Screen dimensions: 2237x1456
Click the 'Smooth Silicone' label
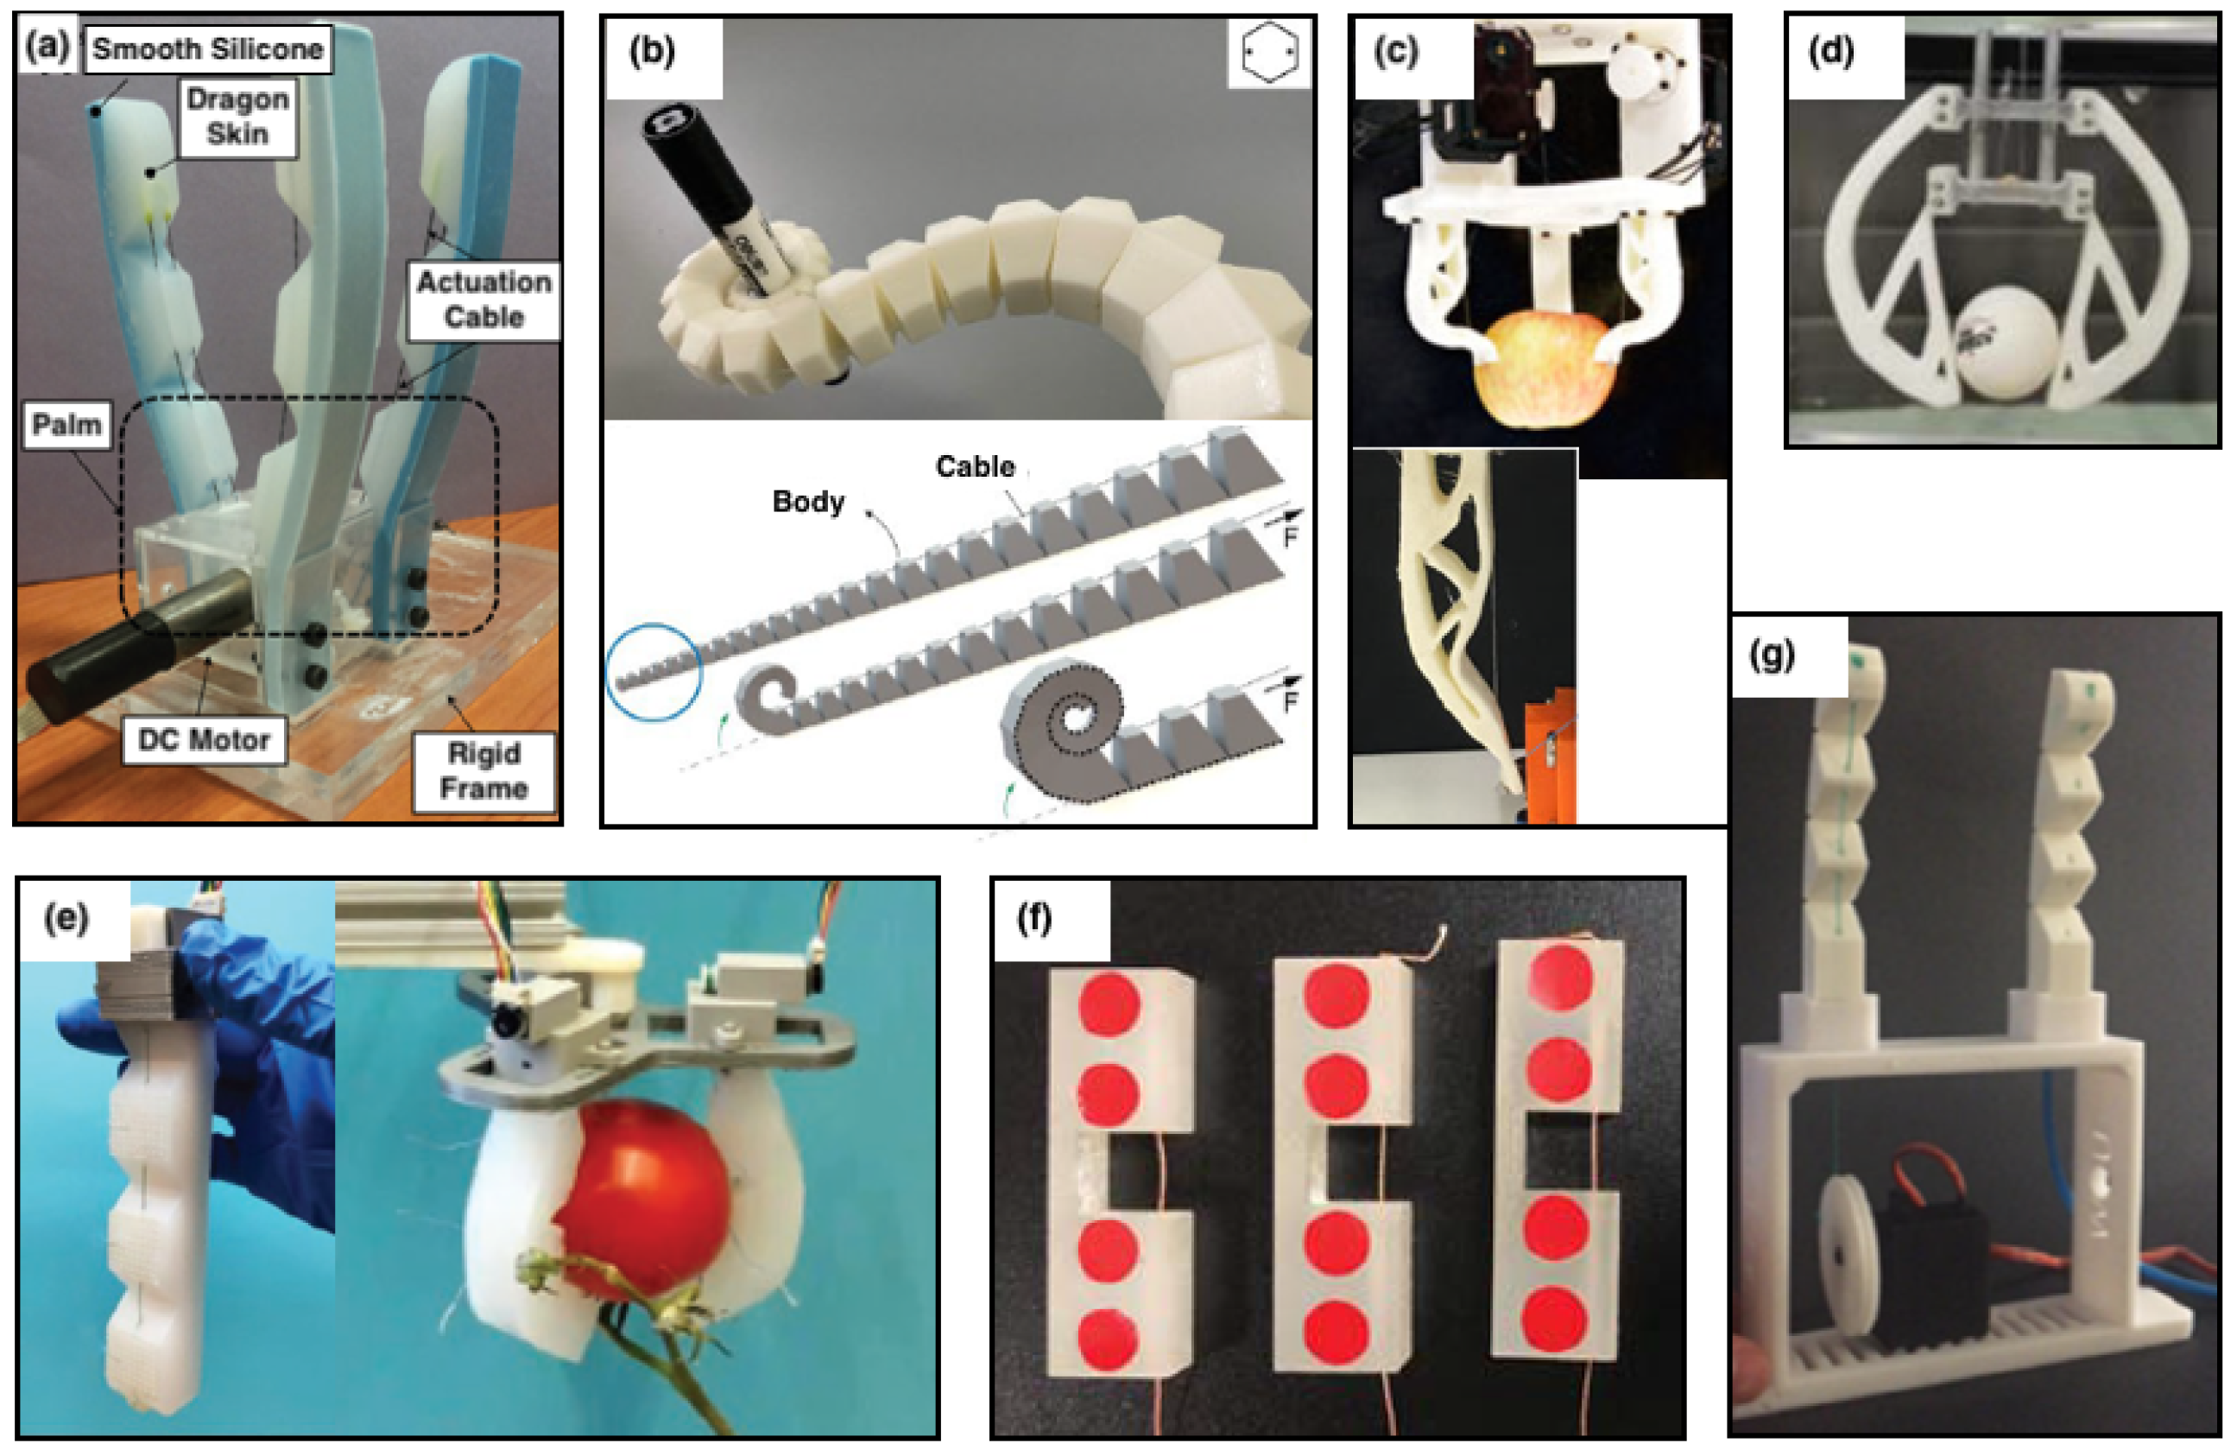tap(208, 49)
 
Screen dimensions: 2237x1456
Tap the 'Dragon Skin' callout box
tap(237, 117)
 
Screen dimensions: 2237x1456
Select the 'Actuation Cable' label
tap(483, 299)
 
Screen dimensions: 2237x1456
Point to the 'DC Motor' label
tap(204, 740)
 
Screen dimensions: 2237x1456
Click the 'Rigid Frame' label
tap(483, 771)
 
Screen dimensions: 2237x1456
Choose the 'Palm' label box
tap(66, 425)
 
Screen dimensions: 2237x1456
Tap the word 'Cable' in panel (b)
tap(975, 466)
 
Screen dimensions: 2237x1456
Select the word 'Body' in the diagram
tap(807, 501)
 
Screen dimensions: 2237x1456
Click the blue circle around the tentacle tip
tap(654, 671)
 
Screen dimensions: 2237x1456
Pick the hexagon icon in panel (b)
tap(1269, 53)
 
